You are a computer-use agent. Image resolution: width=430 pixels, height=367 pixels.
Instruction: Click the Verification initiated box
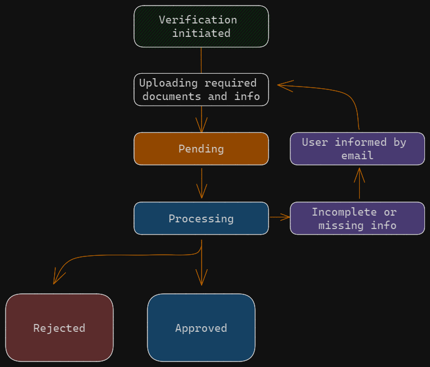(201, 26)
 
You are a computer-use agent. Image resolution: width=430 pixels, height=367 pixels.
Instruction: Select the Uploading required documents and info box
(201, 89)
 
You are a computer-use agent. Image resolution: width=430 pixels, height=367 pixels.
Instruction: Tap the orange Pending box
(201, 149)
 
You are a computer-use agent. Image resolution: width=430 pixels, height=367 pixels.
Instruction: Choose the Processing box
(201, 218)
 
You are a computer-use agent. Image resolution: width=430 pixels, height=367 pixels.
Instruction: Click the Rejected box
(59, 328)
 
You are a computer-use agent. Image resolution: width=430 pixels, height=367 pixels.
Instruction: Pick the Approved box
(201, 328)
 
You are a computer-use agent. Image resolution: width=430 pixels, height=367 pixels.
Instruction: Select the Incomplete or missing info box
(357, 218)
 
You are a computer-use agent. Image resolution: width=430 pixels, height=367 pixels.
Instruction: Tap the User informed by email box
(357, 149)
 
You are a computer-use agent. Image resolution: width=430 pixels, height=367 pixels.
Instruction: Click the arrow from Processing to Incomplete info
(279, 217)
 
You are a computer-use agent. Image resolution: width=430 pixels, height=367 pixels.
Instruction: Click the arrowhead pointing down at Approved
(202, 278)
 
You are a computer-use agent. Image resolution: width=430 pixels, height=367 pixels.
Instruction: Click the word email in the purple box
(357, 156)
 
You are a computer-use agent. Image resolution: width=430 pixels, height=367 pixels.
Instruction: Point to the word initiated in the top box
(201, 34)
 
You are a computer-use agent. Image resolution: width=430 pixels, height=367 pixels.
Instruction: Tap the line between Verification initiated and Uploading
(201, 60)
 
